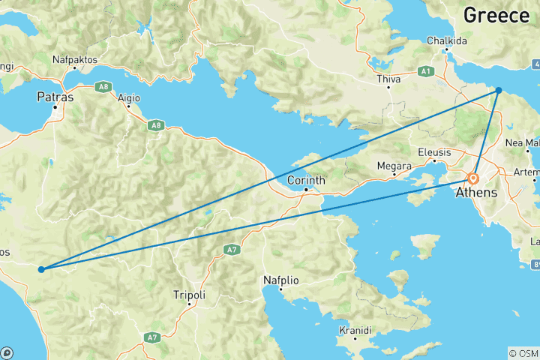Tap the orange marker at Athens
474,179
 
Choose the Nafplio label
281,280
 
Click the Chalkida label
447,40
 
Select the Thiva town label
388,78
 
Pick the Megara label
394,165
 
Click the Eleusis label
435,151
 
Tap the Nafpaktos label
75,58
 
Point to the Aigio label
128,97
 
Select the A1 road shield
426,71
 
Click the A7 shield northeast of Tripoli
231,249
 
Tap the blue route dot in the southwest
41,268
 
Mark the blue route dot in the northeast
499,90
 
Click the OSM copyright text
523,352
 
